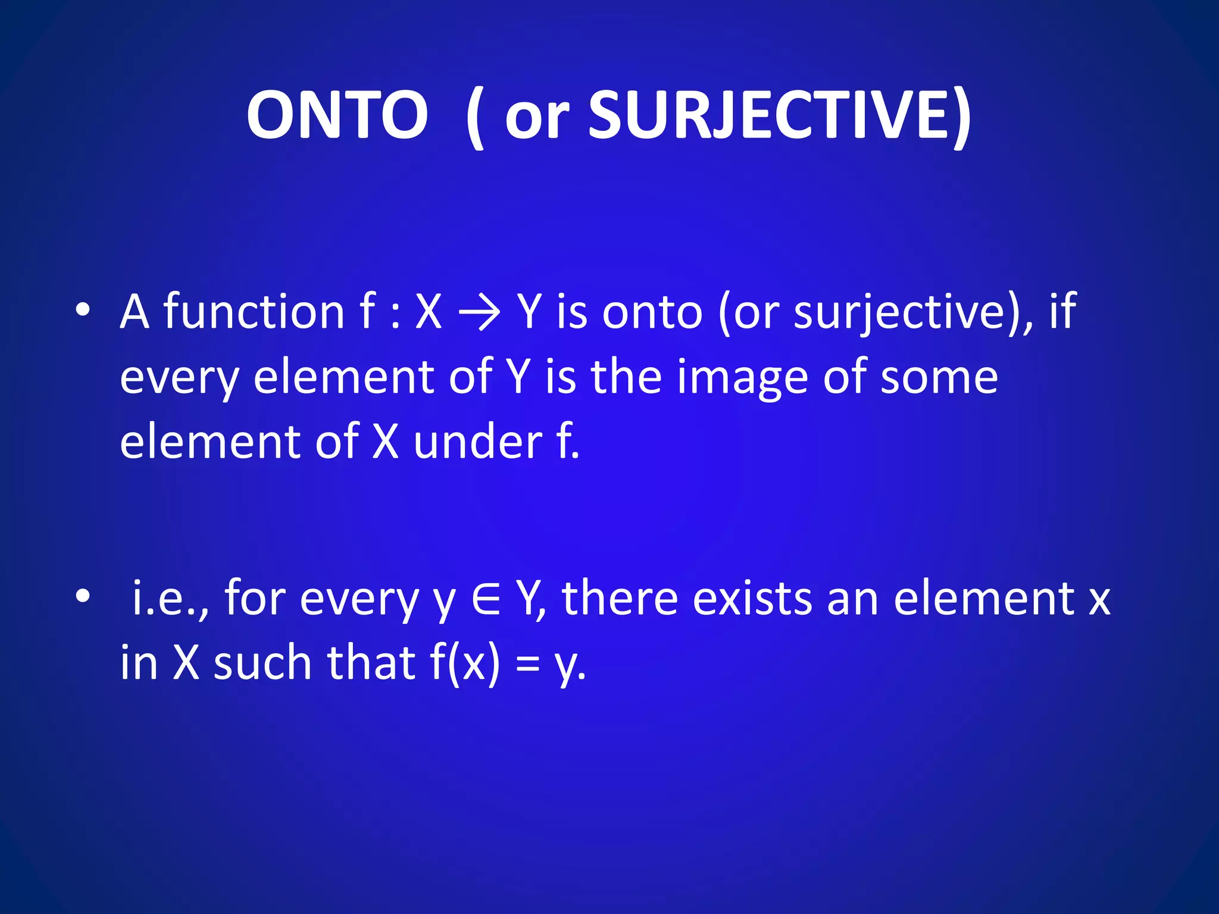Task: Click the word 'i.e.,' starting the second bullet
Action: (170, 598)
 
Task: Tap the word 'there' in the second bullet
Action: (620, 598)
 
